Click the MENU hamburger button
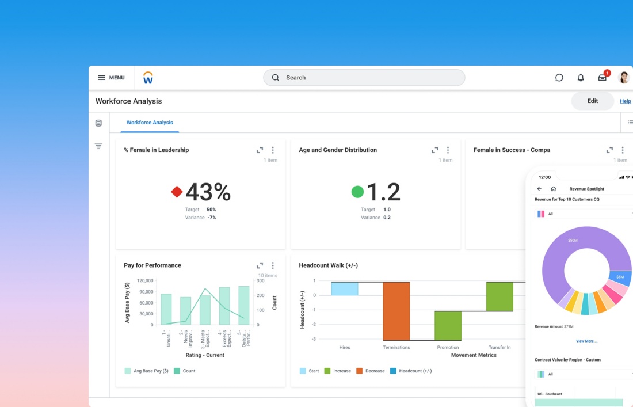tap(111, 78)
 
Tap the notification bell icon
tap(581, 78)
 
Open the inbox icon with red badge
tap(603, 77)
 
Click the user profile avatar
tap(624, 78)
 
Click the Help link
tap(625, 101)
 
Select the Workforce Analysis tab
tap(150, 123)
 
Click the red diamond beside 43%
tap(177, 192)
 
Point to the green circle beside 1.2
tap(357, 192)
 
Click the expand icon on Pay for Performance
tap(260, 265)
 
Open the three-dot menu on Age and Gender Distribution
tap(448, 150)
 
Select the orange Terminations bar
tap(396, 311)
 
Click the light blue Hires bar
tap(345, 288)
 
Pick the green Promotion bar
tap(448, 325)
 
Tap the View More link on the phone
tap(586, 341)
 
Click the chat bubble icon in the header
tap(559, 78)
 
